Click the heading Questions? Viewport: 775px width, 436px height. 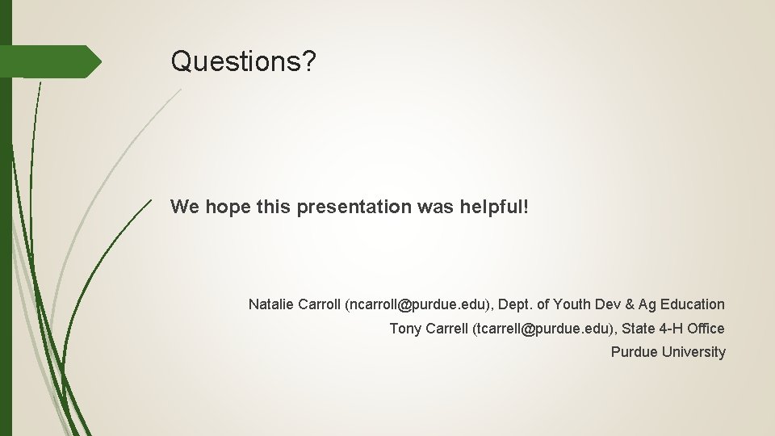[243, 61]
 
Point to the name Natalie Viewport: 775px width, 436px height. [271, 304]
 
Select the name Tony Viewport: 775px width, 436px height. [405, 329]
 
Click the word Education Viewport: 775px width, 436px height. [693, 304]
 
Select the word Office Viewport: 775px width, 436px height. [706, 329]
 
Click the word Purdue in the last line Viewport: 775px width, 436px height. [635, 352]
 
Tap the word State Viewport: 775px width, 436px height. [638, 329]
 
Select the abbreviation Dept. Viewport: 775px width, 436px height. [517, 304]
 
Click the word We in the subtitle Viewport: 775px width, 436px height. [185, 207]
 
